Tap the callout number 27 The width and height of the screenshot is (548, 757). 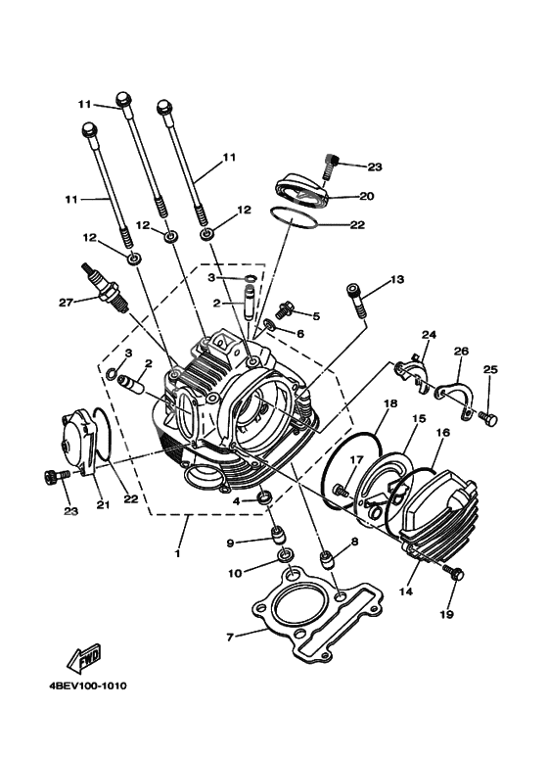(65, 303)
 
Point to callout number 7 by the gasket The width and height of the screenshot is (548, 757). (230, 638)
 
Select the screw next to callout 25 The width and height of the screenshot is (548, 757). (489, 418)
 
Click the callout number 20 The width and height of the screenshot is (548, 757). (366, 196)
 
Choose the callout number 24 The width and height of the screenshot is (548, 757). (428, 335)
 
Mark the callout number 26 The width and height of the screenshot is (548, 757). (461, 352)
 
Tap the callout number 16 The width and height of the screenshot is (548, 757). (442, 432)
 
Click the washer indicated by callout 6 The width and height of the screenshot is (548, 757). (269, 324)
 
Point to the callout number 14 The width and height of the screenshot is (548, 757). (404, 592)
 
